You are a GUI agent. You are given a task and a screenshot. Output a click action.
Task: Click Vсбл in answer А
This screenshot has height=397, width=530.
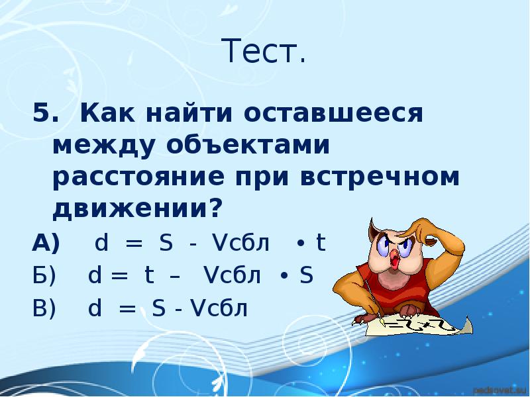pyautogui.click(x=240, y=243)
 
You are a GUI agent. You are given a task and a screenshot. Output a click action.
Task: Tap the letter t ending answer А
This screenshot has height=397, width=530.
pyautogui.click(x=320, y=243)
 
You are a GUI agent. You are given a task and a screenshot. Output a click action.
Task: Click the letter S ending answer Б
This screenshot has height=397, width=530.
pyautogui.click(x=306, y=275)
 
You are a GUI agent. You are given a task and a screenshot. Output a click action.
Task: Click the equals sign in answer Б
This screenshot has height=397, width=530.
pyautogui.click(x=120, y=275)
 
